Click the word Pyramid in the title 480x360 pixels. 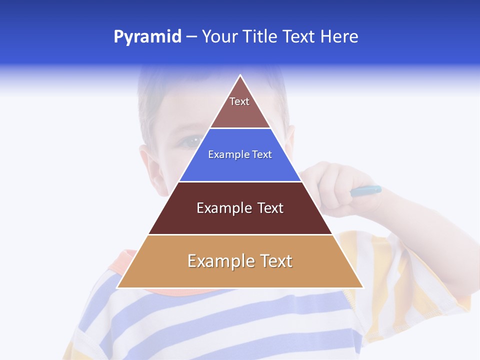pos(147,37)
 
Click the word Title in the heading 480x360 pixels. pos(260,36)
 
